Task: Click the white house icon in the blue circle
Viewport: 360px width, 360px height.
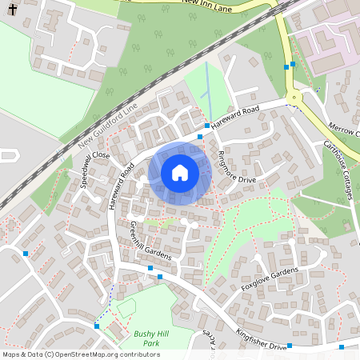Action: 180,173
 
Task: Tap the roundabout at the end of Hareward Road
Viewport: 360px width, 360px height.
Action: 296,98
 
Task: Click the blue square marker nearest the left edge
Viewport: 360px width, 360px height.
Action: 26,254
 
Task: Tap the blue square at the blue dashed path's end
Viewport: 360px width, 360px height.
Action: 97,326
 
